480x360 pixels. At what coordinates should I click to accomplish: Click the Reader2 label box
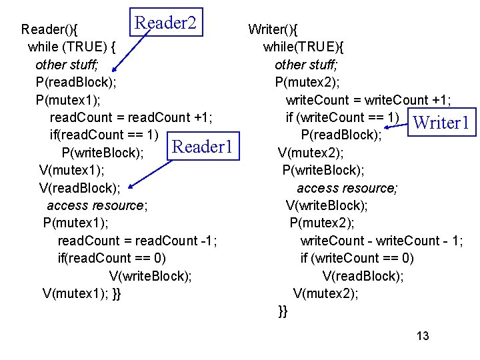pos(166,23)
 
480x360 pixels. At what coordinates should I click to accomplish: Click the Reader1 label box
pos(203,147)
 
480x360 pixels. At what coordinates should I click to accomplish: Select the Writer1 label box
pos(443,123)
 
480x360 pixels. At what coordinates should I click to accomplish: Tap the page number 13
pos(423,336)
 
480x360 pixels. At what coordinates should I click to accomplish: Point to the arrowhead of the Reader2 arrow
pos(114,68)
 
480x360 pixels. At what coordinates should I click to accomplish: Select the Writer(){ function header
pos(273,29)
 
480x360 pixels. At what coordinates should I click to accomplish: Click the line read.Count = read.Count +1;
pos(131,117)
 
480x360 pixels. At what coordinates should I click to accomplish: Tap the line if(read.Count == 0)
pos(112,258)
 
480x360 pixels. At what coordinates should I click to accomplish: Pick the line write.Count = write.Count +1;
pos(369,100)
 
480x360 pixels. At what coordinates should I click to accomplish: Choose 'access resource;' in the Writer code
pos(347,188)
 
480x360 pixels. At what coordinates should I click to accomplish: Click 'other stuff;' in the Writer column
pos(307,65)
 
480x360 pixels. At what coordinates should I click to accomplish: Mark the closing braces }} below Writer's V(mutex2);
pos(283,311)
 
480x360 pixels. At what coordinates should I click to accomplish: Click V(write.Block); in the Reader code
pos(150,275)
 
